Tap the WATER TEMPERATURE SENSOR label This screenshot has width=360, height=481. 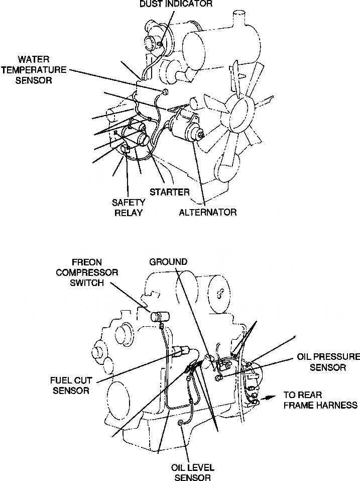point(42,70)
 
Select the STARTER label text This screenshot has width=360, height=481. point(170,191)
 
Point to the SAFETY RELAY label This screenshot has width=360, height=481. point(129,207)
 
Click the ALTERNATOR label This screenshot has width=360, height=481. point(208,212)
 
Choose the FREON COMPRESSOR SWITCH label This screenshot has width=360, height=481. point(87,272)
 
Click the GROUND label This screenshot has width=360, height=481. point(168,262)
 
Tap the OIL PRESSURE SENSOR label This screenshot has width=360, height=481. point(328,362)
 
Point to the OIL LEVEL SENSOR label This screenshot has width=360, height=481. point(192,472)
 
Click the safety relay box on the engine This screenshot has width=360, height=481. point(127,149)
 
